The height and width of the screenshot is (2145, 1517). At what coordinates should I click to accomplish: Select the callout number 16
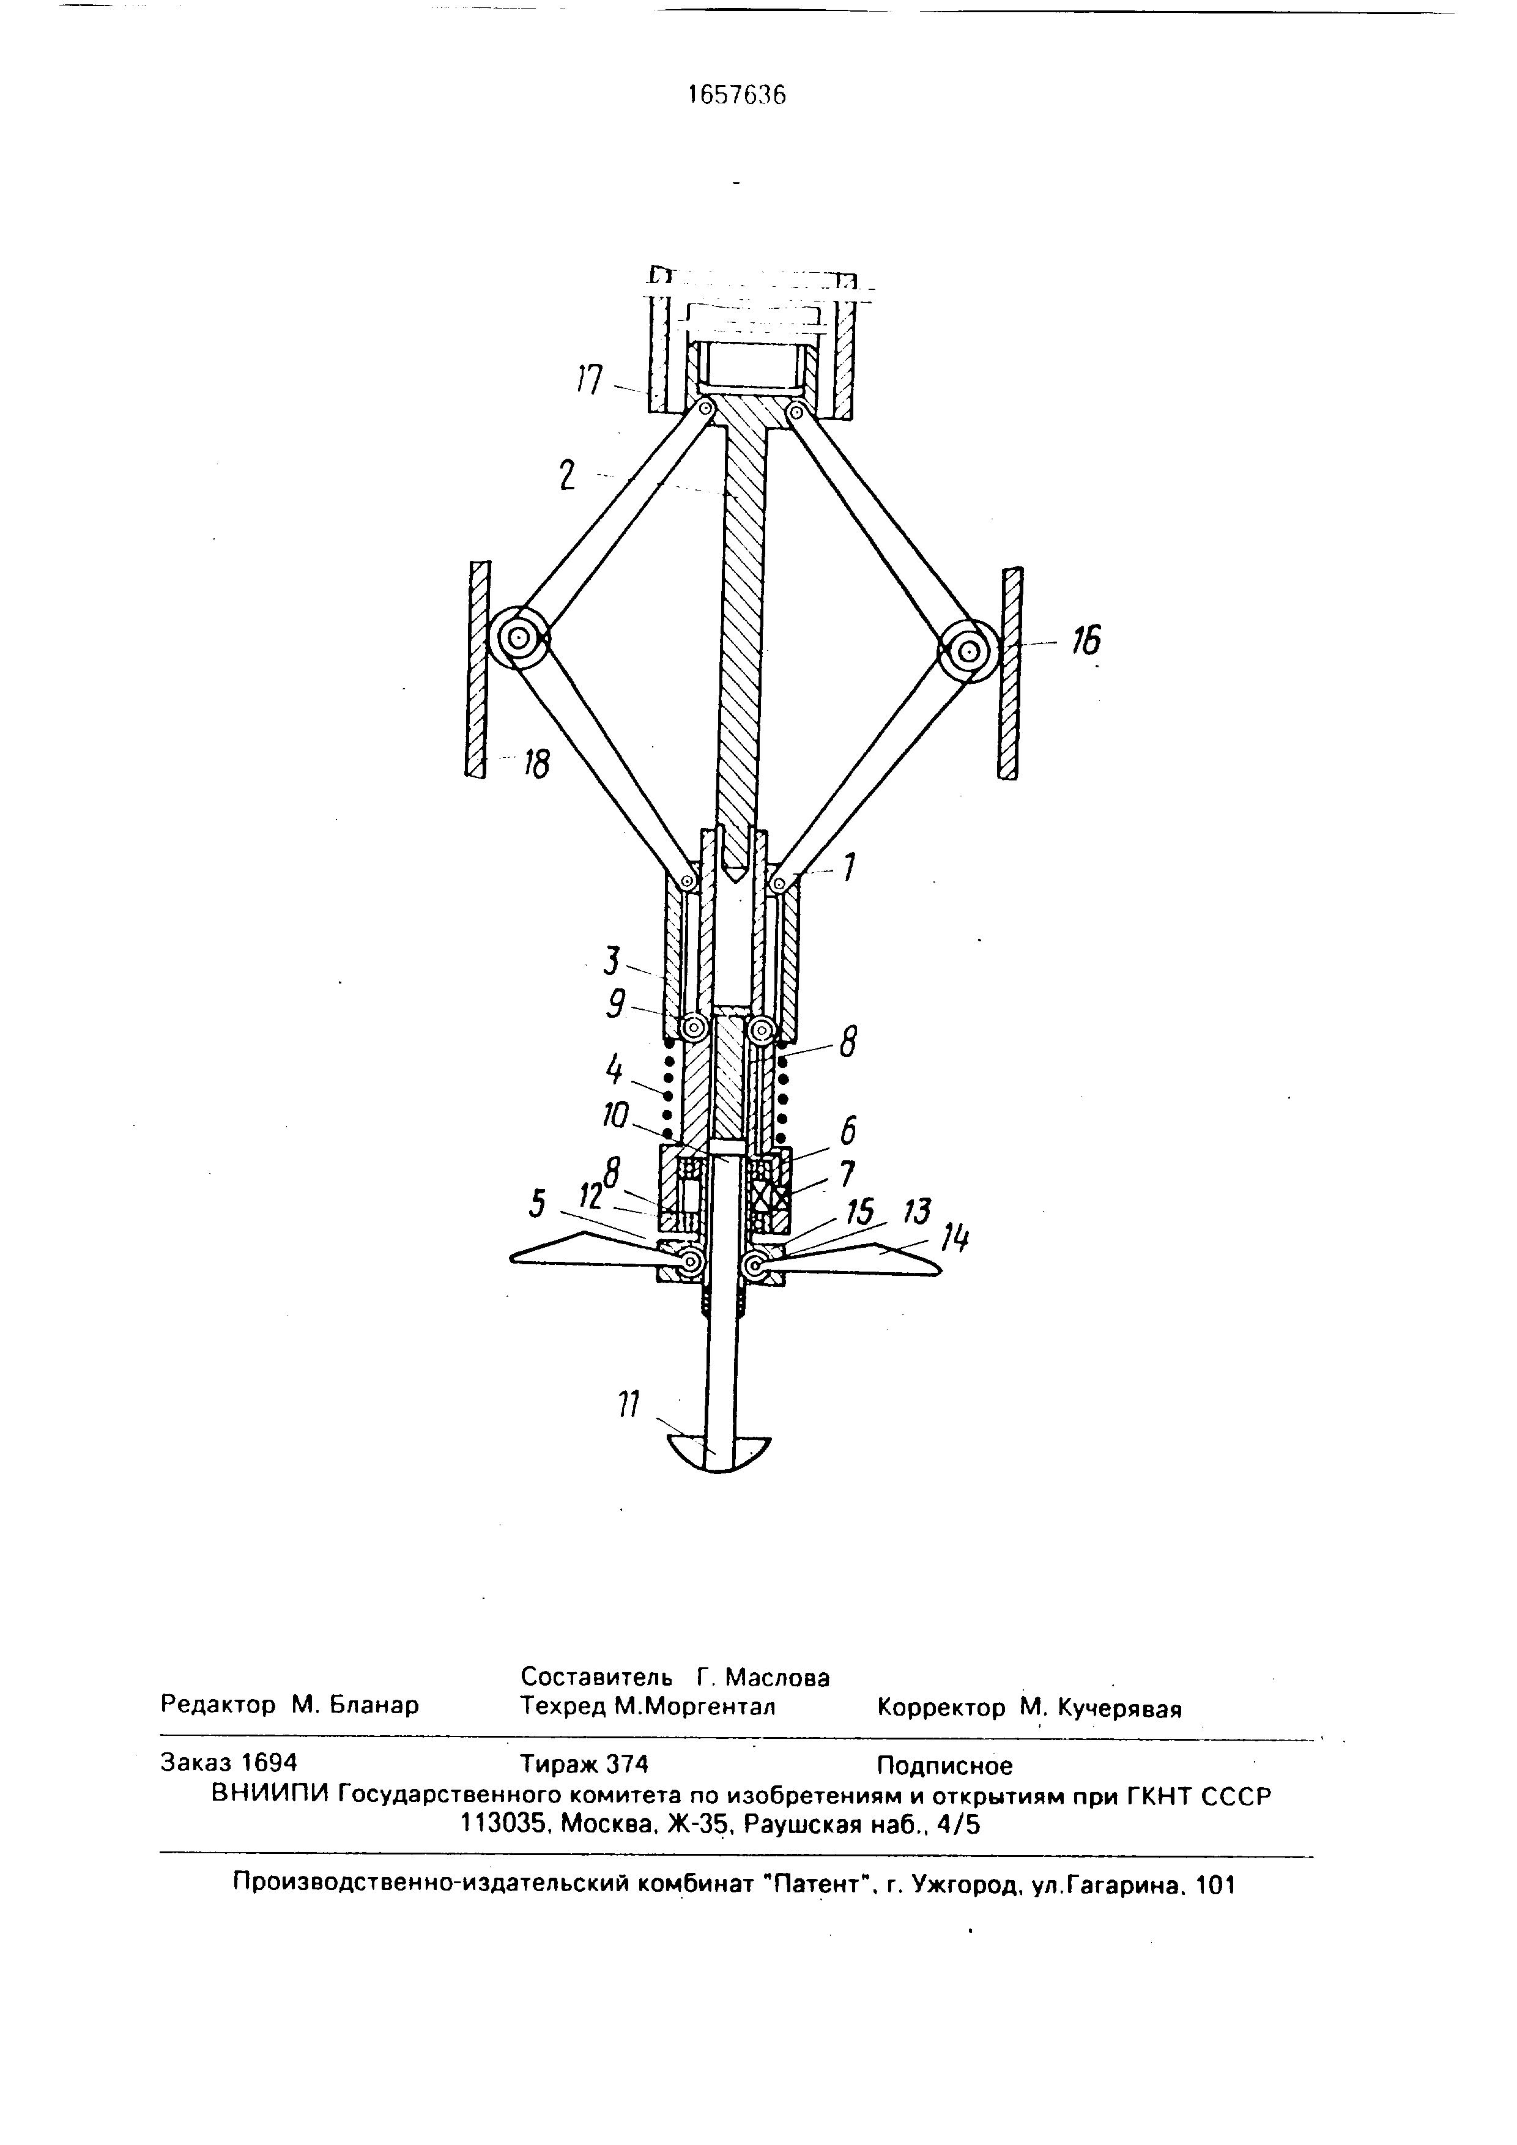(1085, 643)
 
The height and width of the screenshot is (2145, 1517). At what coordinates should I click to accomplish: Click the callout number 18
(535, 765)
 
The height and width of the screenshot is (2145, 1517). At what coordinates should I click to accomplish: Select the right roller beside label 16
(968, 650)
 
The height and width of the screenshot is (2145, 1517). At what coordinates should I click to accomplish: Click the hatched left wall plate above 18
(479, 668)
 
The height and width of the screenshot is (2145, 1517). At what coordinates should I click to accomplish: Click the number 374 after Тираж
(627, 1764)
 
